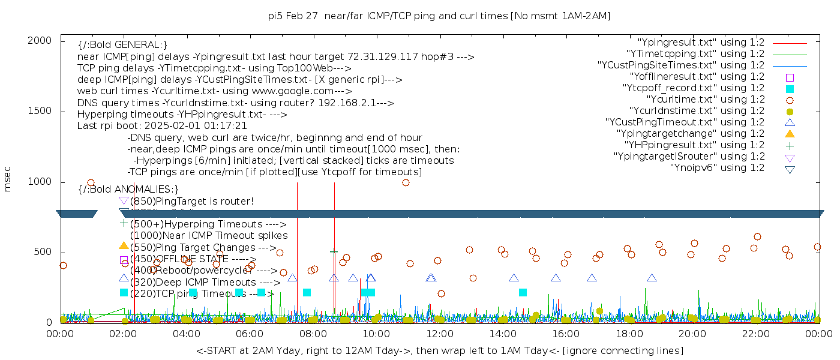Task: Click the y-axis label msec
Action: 8,179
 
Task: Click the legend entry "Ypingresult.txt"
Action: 700,43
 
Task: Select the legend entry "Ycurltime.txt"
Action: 705,100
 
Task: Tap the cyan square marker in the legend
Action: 790,88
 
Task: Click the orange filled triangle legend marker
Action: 790,133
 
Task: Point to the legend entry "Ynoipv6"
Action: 717,168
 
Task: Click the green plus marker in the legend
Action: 790,145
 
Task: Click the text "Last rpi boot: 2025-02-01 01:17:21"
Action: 162,126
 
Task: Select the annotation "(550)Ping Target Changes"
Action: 202,247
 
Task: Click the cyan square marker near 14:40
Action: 523,292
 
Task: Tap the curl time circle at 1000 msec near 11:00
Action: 406,182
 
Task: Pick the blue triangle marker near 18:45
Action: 652,278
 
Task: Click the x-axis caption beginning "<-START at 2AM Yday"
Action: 439,350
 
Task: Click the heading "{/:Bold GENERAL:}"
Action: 122,45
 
